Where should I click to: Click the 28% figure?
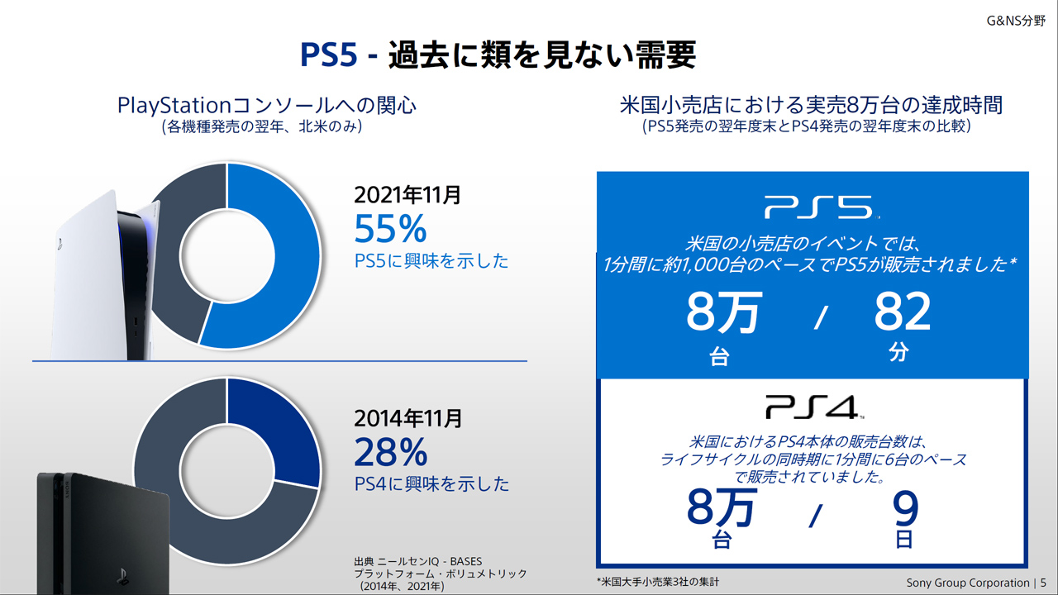(x=390, y=452)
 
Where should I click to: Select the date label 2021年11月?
(x=407, y=195)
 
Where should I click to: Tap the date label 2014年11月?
(x=407, y=418)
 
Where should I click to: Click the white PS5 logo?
(x=817, y=207)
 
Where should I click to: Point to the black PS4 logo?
(x=814, y=407)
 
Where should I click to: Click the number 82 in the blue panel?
(x=902, y=312)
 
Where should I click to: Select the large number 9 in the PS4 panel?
(x=906, y=510)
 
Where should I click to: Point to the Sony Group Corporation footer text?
(x=967, y=582)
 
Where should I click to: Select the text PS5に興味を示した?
(x=431, y=261)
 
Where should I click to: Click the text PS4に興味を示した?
(x=431, y=483)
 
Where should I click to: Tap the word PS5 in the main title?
(x=328, y=56)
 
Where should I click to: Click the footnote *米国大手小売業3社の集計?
(x=657, y=582)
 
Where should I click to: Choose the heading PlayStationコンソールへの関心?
(x=267, y=106)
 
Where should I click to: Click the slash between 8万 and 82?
(x=818, y=317)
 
